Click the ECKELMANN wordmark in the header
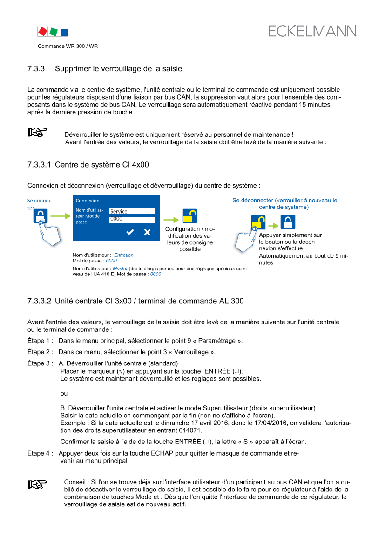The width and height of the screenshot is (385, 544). [312, 31]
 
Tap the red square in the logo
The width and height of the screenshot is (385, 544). [42, 32]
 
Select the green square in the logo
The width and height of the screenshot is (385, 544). [54, 32]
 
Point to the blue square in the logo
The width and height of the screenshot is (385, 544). [65, 33]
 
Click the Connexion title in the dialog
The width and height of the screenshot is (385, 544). [88, 201]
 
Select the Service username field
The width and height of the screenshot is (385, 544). [132, 211]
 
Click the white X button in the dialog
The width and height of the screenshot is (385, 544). [147, 232]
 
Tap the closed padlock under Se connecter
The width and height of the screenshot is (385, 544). [41, 216]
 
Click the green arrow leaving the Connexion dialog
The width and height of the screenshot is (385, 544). [171, 220]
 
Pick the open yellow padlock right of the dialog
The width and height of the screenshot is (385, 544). [190, 216]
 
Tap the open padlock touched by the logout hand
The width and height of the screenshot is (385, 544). [258, 222]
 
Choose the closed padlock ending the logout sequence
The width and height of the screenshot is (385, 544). [288, 222]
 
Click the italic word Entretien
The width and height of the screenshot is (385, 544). [124, 255]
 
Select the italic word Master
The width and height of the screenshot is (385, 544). [120, 269]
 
